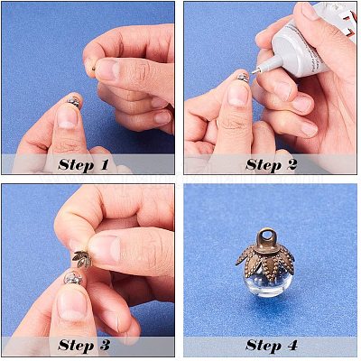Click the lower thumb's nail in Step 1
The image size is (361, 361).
[x=68, y=116]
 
